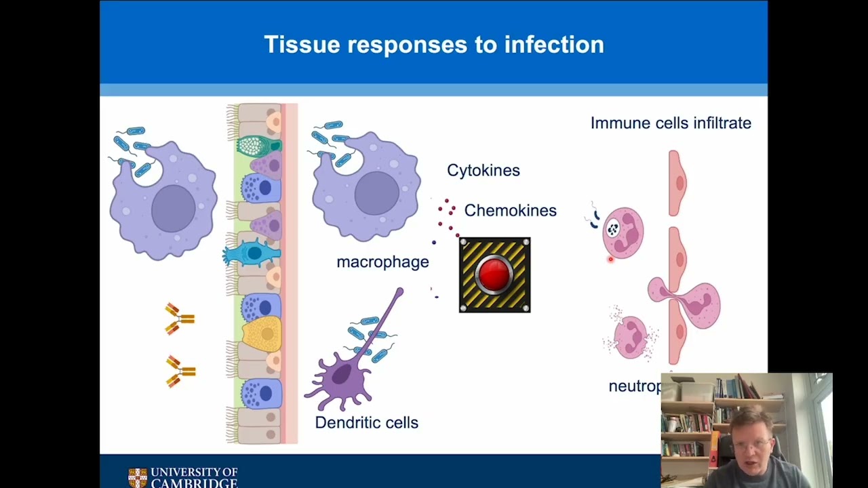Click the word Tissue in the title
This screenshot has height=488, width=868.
(x=302, y=45)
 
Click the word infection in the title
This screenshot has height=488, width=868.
(x=554, y=45)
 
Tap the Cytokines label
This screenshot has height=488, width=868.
(x=484, y=170)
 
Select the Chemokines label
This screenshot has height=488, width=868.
(x=510, y=211)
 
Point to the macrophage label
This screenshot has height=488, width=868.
(x=382, y=262)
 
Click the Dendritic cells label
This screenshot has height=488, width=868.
(x=366, y=423)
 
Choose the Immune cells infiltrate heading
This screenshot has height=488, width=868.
(x=671, y=123)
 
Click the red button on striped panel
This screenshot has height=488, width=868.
(x=494, y=274)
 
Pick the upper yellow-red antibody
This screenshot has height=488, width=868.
(x=179, y=318)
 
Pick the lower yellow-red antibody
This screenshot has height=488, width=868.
(x=180, y=371)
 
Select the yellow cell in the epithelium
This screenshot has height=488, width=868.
(x=262, y=333)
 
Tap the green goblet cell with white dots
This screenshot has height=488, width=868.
(x=258, y=145)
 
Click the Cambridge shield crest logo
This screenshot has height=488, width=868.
(x=138, y=477)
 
